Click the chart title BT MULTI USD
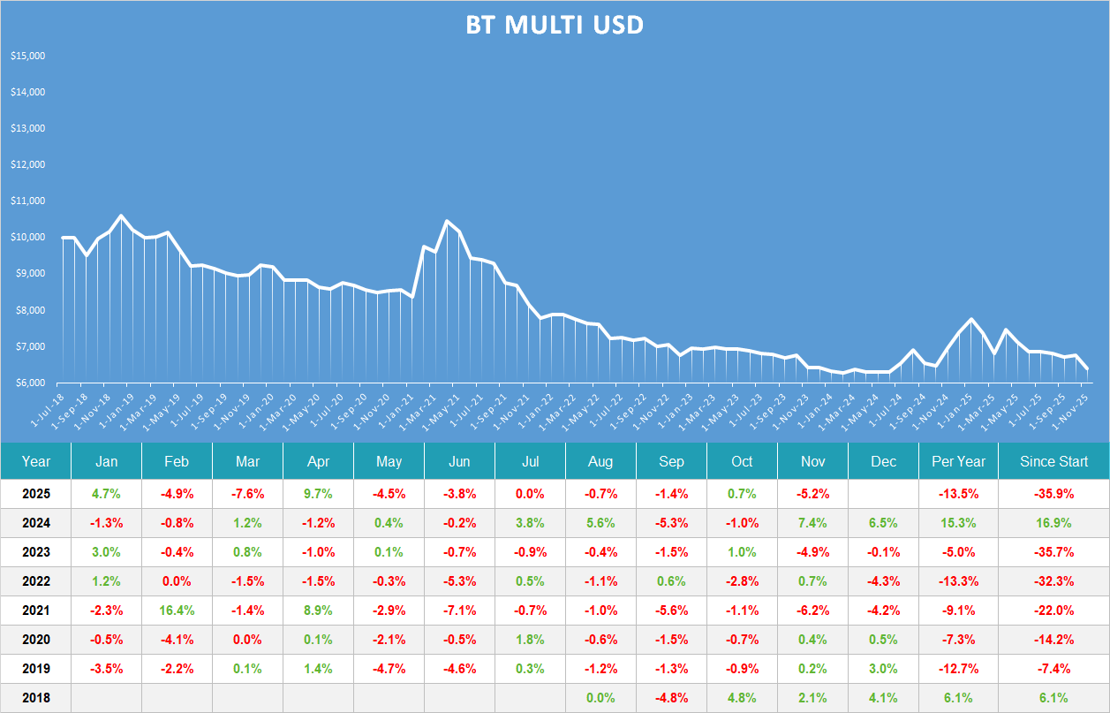[555, 26]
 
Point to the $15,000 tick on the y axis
[27, 56]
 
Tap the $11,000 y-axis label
[27, 201]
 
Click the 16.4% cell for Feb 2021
[177, 611]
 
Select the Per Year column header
[958, 461]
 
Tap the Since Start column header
[1053, 461]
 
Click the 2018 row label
[36, 698]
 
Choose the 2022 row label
[36, 581]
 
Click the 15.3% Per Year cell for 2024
[958, 523]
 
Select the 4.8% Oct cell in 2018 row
[742, 698]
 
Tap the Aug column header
[600, 461]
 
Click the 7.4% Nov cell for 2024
[812, 523]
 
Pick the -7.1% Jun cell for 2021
[459, 611]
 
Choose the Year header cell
[36, 461]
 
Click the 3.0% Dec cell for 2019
[883, 669]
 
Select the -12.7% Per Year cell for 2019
[958, 669]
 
